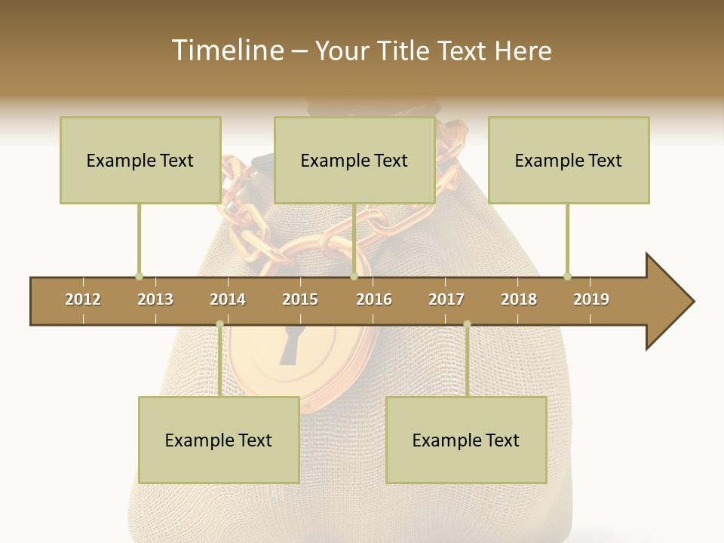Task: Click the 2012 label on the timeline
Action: click(83, 299)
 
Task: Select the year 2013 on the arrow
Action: click(155, 299)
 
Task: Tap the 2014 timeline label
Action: click(228, 299)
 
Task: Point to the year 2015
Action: click(300, 299)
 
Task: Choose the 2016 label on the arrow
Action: click(374, 299)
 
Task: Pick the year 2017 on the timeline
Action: click(446, 299)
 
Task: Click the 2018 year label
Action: click(519, 299)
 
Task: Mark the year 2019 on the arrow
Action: click(591, 299)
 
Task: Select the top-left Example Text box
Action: click(140, 160)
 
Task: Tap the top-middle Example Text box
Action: click(354, 160)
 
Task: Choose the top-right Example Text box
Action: click(569, 160)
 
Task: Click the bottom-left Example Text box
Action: click(219, 440)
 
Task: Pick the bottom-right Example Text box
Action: click(466, 440)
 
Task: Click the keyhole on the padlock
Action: click(290, 345)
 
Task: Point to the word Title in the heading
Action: click(404, 51)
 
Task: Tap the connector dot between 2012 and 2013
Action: click(139, 276)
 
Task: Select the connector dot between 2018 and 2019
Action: click(567, 276)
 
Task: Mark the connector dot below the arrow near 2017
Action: click(467, 324)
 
